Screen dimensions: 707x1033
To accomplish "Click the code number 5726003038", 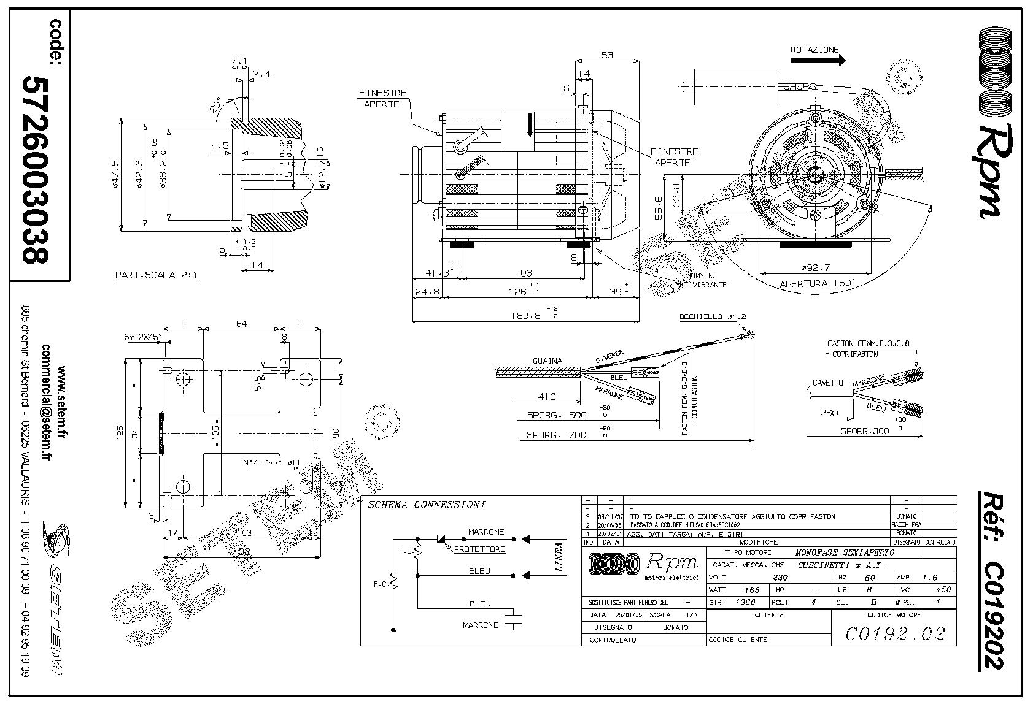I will pyautogui.click(x=35, y=169).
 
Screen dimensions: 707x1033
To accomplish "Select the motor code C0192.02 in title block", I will pyautogui.click(x=894, y=633).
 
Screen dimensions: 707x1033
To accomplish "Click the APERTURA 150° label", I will pyautogui.click(x=817, y=284).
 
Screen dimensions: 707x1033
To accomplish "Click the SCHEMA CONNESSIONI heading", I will pyautogui.click(x=426, y=505).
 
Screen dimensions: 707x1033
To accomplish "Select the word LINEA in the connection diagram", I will pyautogui.click(x=559, y=557).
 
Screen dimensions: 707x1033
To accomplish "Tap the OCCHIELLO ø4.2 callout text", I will pyautogui.click(x=712, y=316).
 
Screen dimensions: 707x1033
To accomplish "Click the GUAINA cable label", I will pyautogui.click(x=547, y=361).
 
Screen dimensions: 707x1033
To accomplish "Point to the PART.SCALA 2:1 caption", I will pyautogui.click(x=157, y=275).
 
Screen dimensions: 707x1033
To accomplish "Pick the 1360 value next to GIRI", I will pyautogui.click(x=746, y=602).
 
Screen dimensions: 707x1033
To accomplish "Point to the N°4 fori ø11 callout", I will pyautogui.click(x=270, y=463).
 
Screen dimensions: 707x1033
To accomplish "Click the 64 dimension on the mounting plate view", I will pyautogui.click(x=241, y=324).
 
